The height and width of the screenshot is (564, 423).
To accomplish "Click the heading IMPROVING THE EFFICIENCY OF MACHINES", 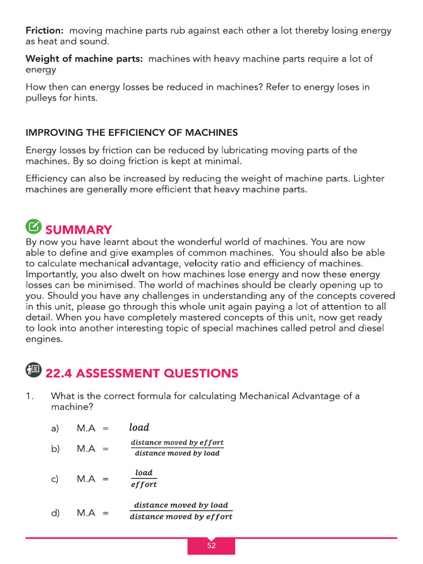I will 132,132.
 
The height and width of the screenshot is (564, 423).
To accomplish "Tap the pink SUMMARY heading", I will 78,230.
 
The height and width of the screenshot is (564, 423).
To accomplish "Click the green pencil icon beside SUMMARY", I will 33,226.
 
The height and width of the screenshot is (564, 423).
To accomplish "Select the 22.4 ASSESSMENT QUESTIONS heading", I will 142,373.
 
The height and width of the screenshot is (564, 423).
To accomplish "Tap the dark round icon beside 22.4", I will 33,370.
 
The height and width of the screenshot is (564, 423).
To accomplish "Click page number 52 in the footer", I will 211,546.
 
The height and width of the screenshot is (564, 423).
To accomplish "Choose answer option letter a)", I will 55,429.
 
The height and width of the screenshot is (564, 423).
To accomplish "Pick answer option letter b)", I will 55,449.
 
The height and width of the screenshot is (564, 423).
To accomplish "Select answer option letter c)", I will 55,479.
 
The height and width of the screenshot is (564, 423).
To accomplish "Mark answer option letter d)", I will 55,513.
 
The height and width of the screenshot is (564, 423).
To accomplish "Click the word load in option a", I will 139,427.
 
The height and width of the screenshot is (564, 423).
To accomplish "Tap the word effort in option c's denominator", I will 143,485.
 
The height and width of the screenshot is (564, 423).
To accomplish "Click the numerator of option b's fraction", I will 177,443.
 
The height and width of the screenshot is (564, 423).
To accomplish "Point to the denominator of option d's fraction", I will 181,517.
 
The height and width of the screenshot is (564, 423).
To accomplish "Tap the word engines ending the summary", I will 43,340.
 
